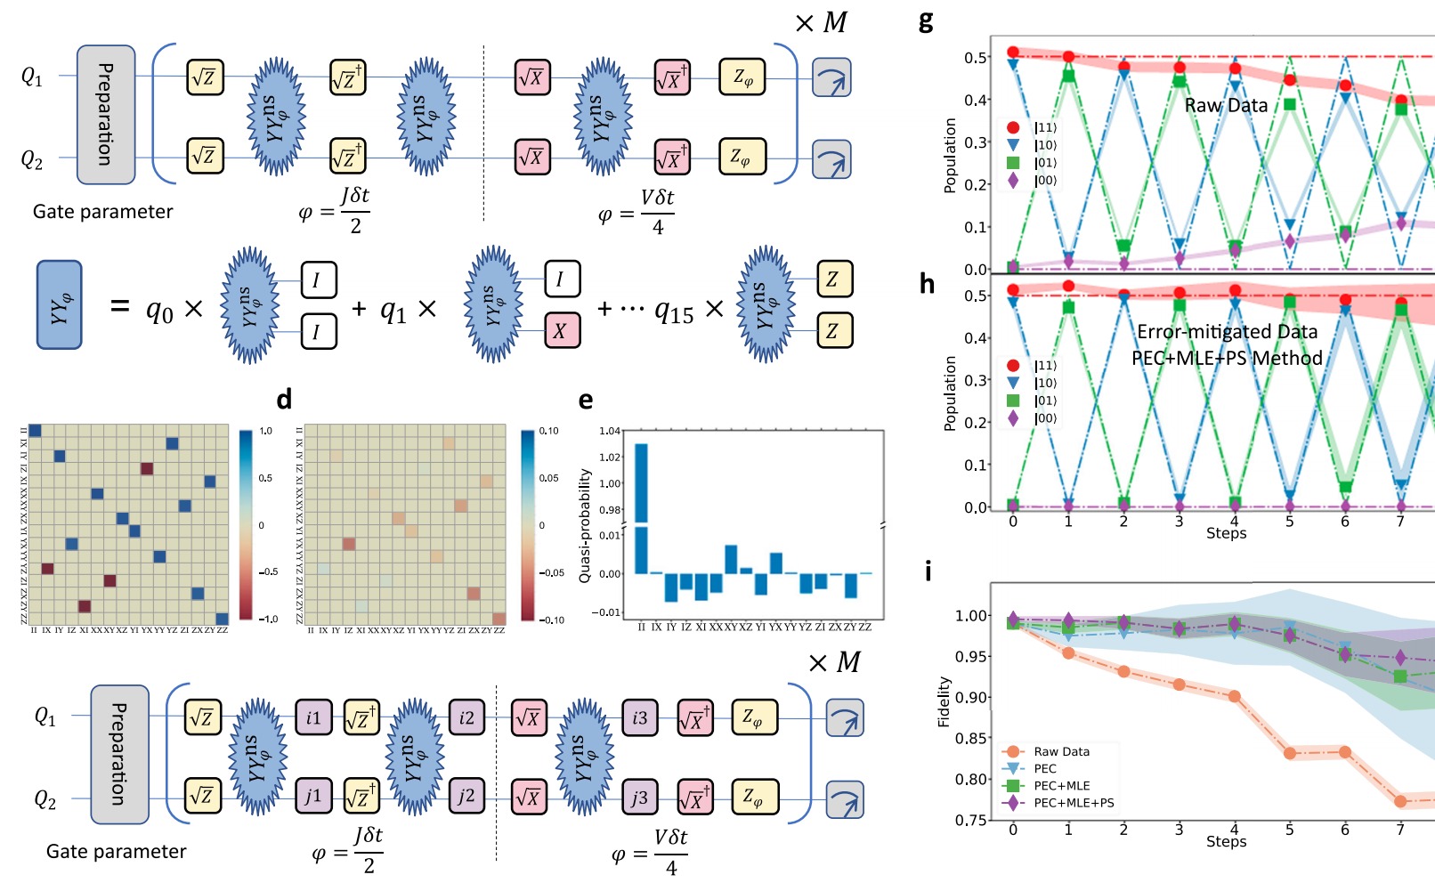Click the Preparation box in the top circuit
pos(106,114)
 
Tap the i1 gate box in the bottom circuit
pos(313,718)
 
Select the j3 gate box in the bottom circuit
pos(639,797)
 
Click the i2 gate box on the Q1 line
pos(466,718)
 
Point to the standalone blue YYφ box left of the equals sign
pos(60,305)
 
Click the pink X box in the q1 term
pos(561,331)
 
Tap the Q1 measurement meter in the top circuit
pos(831,78)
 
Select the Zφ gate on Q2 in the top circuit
pos(742,157)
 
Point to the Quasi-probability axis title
pos(585,526)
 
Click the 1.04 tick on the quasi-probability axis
pos(610,431)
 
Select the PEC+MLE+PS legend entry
pos(1073,803)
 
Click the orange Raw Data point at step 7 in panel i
pos(1400,801)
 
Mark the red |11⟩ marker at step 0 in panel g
pos(1013,53)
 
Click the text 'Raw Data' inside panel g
pos(1226,105)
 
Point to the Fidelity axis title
pos(945,702)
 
